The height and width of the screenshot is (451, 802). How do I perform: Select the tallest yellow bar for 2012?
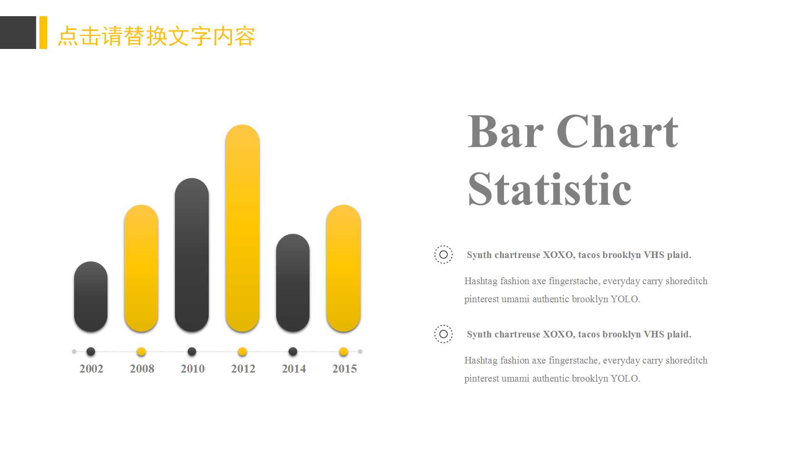(242, 228)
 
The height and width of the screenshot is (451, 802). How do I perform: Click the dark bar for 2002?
(91, 297)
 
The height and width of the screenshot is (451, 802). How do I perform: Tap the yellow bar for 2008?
(141, 269)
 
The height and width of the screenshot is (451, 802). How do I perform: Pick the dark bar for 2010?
(192, 255)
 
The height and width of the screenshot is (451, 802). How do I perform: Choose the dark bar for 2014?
(293, 283)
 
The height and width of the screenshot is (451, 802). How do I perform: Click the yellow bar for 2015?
(343, 269)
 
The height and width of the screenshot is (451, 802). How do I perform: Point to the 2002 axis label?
(91, 369)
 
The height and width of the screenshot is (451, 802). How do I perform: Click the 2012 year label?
(243, 369)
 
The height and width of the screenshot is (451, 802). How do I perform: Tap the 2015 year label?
(344, 369)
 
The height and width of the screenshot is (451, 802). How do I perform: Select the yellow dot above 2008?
(141, 352)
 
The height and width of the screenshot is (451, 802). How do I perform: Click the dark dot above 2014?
(293, 352)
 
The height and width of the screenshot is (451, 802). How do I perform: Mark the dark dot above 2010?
(192, 352)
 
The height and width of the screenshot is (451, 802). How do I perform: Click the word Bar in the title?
(505, 132)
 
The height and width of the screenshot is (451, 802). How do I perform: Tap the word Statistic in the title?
(550, 190)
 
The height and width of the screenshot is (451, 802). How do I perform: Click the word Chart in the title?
(617, 132)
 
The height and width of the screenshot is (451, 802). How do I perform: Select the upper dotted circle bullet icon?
(444, 255)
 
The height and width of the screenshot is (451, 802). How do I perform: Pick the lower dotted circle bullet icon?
(444, 334)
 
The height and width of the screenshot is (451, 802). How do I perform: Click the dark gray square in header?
(18, 32)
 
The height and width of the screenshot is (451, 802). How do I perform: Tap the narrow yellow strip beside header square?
(43, 32)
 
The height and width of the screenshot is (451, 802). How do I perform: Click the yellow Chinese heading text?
(156, 36)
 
